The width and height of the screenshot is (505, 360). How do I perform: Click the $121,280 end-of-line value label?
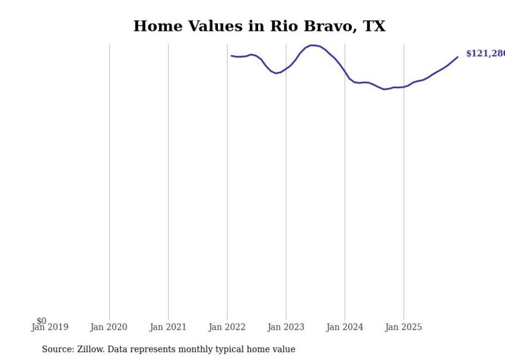[485, 54]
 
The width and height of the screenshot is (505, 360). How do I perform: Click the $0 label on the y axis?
[41, 321]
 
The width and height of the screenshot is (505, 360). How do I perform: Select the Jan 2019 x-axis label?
[49, 327]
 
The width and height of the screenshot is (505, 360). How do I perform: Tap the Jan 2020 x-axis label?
[109, 327]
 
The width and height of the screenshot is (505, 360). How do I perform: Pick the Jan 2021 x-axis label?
[168, 327]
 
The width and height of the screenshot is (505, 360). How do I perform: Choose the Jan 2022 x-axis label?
[227, 327]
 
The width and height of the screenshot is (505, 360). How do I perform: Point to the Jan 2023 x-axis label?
[286, 327]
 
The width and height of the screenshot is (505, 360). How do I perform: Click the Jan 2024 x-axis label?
[345, 327]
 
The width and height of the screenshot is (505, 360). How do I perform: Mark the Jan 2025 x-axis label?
[403, 327]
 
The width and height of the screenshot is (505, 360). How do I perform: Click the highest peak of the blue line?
[312, 45]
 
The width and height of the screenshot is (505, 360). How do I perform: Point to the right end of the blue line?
[458, 57]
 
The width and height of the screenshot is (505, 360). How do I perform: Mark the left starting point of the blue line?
[231, 56]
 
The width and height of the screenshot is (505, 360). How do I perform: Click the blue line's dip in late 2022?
[276, 73]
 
